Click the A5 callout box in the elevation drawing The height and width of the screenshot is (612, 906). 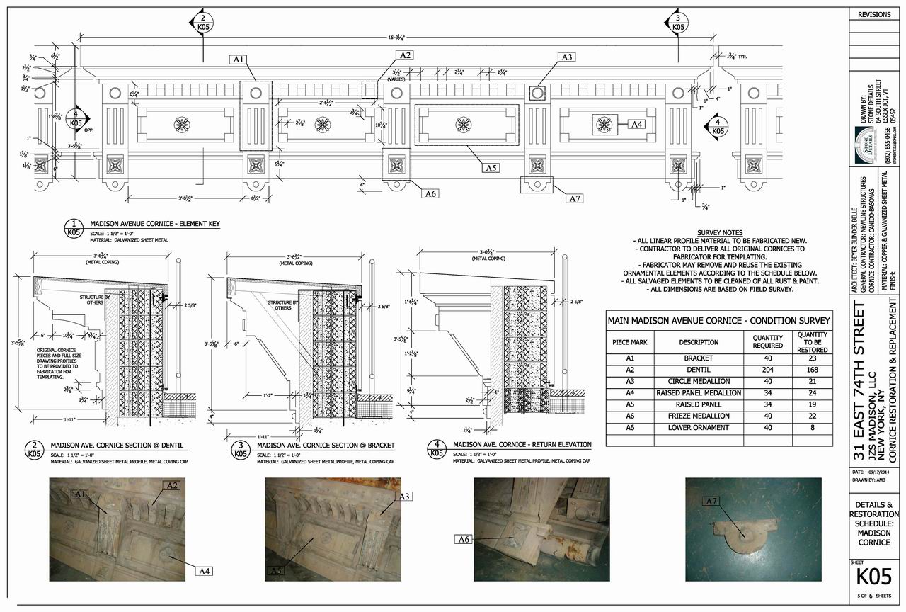coord(491,169)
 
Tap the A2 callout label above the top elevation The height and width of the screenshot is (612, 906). coord(405,55)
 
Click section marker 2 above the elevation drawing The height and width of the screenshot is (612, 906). coord(202,23)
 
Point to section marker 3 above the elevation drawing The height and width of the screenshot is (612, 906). coord(677,23)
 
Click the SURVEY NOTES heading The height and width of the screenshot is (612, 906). coord(719,233)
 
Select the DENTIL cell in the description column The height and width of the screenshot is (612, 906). coord(699,370)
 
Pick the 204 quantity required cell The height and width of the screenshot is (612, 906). coord(767,370)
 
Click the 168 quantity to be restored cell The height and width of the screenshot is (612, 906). coord(812,370)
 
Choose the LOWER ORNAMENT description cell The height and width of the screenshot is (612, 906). coord(699,428)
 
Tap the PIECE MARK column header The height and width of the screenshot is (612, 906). coord(630,342)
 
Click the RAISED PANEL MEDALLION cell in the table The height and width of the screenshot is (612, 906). coord(699,392)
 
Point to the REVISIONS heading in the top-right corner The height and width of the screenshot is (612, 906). coord(874,15)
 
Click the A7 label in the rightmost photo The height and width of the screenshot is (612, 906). coord(712,501)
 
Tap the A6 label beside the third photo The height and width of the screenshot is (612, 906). coord(463,540)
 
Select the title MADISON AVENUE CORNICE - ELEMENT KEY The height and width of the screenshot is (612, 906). coord(159,224)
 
